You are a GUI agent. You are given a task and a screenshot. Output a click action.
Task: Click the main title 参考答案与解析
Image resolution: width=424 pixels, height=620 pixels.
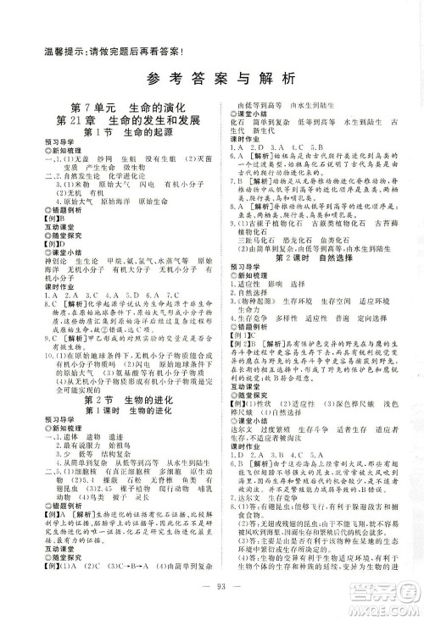point(213,80)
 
